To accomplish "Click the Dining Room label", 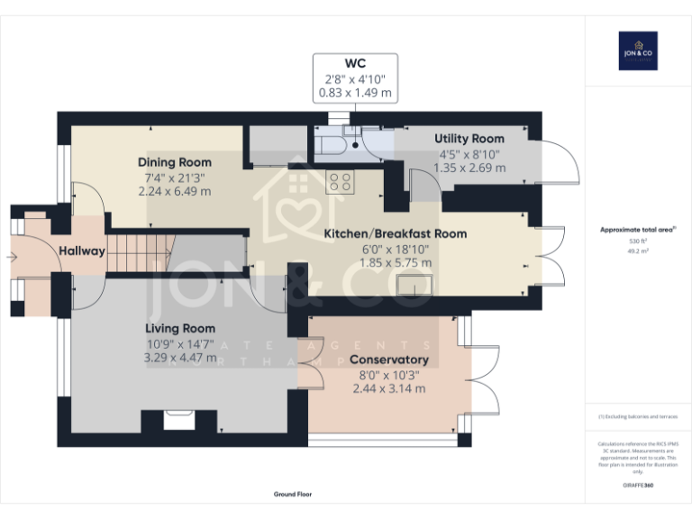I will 175,162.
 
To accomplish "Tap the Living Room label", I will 180,329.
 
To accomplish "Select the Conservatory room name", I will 389,360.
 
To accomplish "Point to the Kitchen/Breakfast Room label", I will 395,233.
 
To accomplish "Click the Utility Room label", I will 469,139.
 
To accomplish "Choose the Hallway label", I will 82,251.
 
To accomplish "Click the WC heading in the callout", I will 355,63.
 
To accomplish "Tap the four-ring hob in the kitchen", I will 340,182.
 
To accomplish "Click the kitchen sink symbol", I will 418,285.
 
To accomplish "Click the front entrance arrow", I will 10,257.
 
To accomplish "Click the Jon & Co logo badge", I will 637,51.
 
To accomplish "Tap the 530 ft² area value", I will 637,241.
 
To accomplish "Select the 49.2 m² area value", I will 637,251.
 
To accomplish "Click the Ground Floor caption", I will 292,495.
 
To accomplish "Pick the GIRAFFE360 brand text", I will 637,486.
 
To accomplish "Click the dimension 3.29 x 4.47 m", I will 180,358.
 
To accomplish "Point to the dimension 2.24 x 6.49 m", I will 175,191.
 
